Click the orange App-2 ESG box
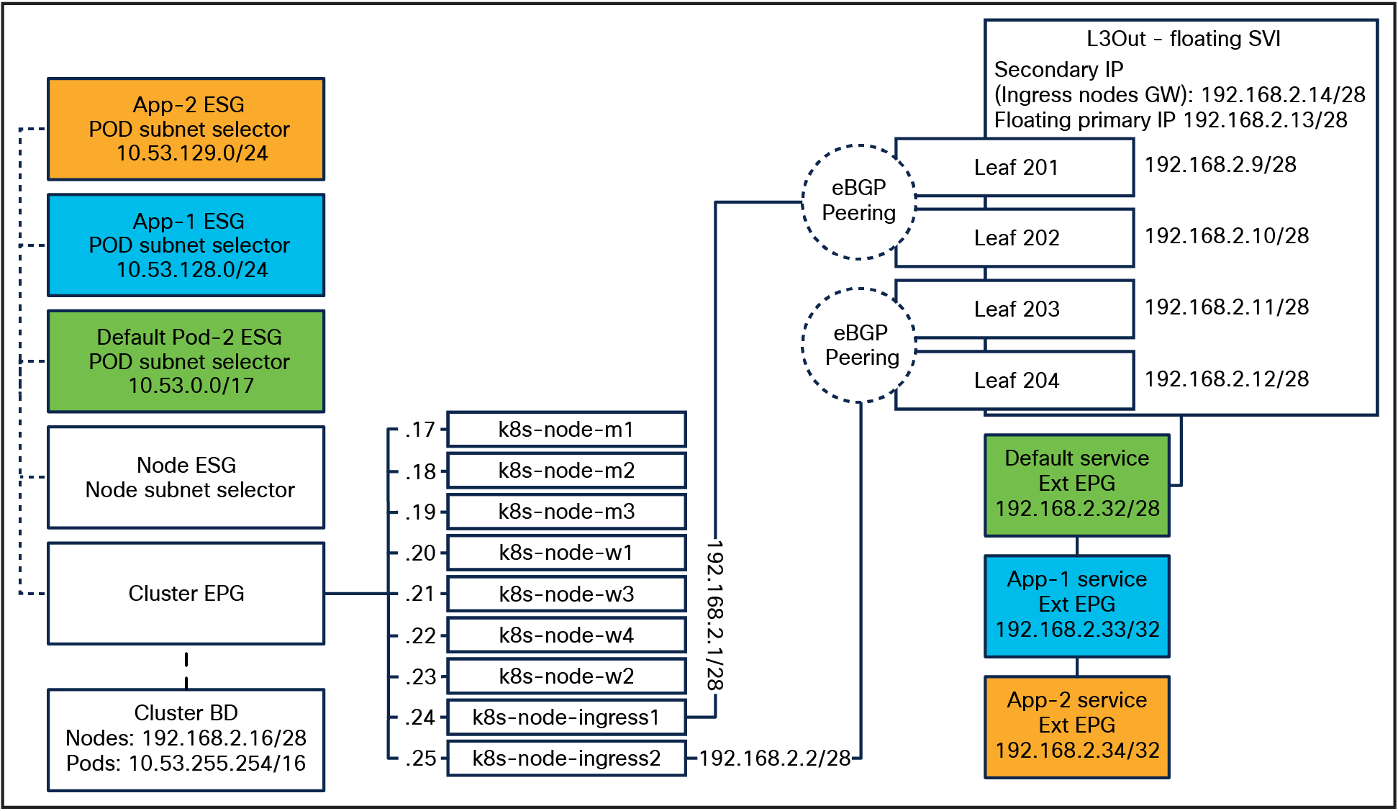pos(186,130)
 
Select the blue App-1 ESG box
pos(186,245)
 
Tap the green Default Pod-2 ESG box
pos(186,361)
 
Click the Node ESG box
pos(186,477)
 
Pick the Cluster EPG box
pos(186,594)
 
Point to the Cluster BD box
pos(186,739)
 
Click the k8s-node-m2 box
pos(566,471)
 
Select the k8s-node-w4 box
pos(566,635)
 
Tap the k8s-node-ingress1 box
pos(566,717)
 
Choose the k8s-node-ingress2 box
pos(566,758)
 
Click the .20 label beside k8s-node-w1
pos(420,553)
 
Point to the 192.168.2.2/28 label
pos(774,758)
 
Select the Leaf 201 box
pos(1015,168)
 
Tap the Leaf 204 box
pos(1015,381)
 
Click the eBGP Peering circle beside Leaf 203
pos(858,345)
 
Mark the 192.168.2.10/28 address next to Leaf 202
pos(1226,236)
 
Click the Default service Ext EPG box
pos(1076,484)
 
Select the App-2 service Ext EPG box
pos(1076,726)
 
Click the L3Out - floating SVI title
pos(1183,39)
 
